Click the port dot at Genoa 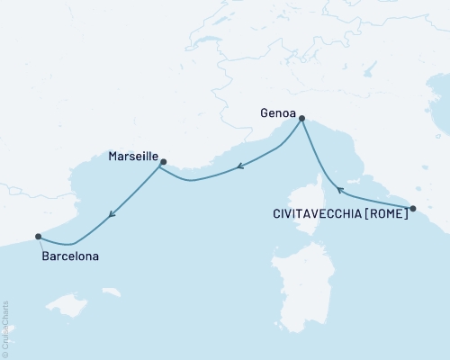point(302,118)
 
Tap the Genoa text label point(276,114)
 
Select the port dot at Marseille point(163,162)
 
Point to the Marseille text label point(132,157)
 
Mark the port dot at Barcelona point(38,237)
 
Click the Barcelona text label point(70,256)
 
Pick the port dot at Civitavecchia point(412,209)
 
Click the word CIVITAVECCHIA point(316,213)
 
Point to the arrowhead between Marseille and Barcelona point(112,214)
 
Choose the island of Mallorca point(70,306)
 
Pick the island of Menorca point(112,292)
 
